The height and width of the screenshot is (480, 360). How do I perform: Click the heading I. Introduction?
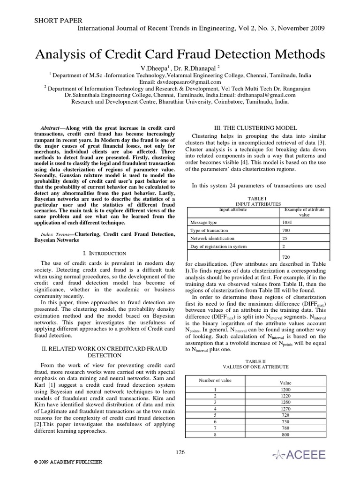pos(104,253)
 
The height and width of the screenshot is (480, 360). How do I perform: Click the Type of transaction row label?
pos(209,230)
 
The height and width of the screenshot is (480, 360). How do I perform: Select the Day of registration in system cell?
pos(218,247)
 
